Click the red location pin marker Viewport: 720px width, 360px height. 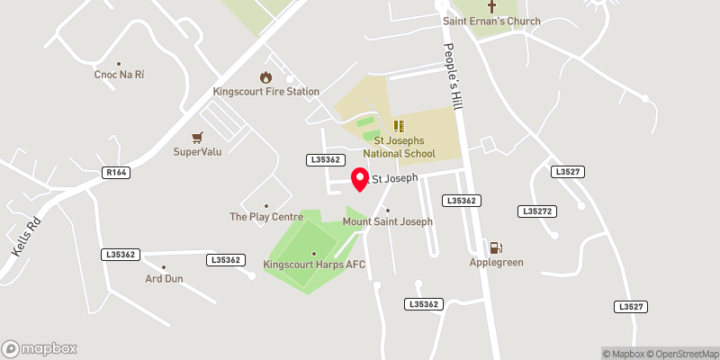click(x=360, y=179)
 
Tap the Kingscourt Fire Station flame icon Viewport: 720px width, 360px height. click(x=265, y=77)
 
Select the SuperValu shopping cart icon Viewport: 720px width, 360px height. click(x=197, y=137)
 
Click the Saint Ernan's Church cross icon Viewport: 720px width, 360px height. click(x=491, y=5)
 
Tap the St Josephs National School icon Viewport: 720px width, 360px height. click(x=399, y=127)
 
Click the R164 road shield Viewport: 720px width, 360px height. click(x=115, y=172)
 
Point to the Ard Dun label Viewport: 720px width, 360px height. click(x=164, y=279)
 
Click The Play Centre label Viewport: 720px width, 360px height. click(x=265, y=217)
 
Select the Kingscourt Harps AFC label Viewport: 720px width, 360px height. click(x=314, y=265)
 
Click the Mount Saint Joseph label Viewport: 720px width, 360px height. click(x=388, y=221)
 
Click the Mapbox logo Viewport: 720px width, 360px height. click(x=40, y=348)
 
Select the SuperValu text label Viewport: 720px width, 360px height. click(x=197, y=151)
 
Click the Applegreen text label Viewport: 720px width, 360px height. click(x=496, y=263)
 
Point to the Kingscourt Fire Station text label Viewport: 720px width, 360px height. click(x=265, y=92)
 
